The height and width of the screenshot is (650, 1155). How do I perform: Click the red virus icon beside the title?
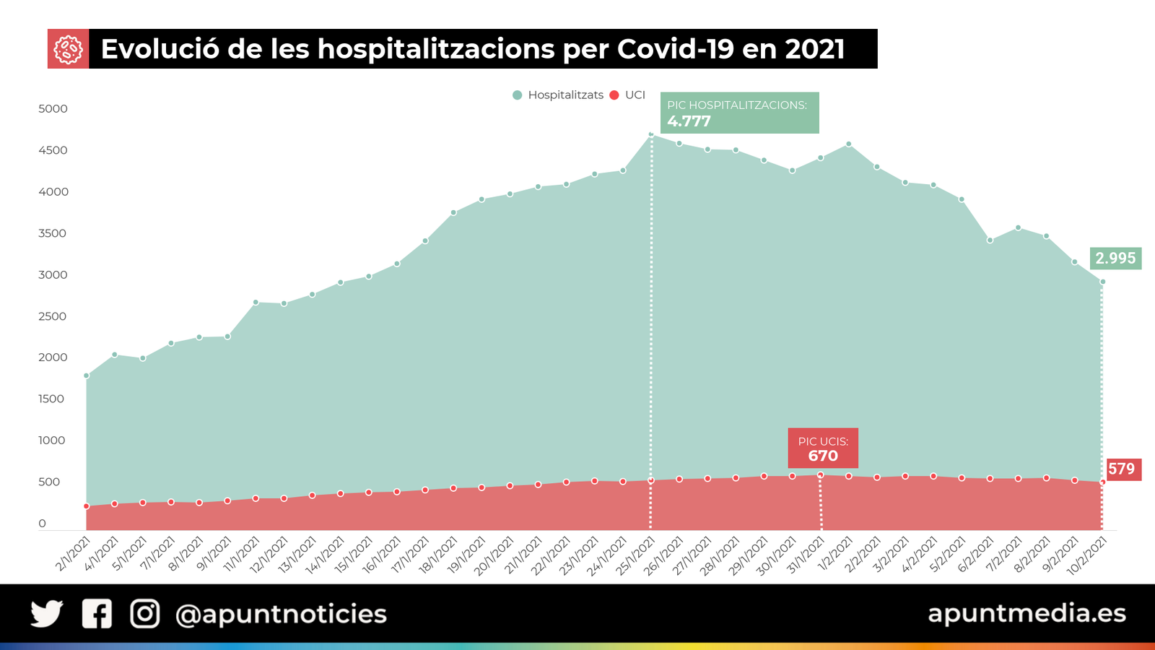[x=68, y=49]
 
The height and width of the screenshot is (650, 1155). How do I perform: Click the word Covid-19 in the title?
[x=676, y=49]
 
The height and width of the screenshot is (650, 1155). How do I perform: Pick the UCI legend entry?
[x=627, y=95]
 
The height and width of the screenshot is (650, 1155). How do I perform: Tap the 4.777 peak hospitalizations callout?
[x=739, y=113]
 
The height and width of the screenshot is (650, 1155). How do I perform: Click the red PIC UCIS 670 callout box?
[x=823, y=448]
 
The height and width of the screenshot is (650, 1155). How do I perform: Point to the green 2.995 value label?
[x=1115, y=258]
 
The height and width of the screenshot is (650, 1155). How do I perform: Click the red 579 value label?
[x=1122, y=469]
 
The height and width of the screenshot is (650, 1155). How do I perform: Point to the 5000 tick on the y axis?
[x=53, y=109]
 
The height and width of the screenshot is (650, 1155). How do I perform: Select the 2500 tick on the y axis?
[x=53, y=316]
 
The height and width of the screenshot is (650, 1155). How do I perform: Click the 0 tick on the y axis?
[x=42, y=524]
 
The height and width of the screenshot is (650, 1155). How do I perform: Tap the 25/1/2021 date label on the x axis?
[x=635, y=555]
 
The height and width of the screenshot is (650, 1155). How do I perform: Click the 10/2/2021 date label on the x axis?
[x=1086, y=555]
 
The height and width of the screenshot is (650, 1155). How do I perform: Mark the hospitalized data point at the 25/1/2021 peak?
[x=651, y=134]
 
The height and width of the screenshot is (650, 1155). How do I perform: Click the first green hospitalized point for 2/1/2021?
[x=87, y=376]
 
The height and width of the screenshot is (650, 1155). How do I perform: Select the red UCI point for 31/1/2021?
[x=821, y=475]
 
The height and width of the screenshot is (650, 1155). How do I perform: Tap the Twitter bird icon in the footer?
[x=47, y=614]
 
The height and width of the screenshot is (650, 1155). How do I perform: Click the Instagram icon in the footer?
[x=144, y=614]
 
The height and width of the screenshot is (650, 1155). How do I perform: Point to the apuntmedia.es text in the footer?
[x=1027, y=613]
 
